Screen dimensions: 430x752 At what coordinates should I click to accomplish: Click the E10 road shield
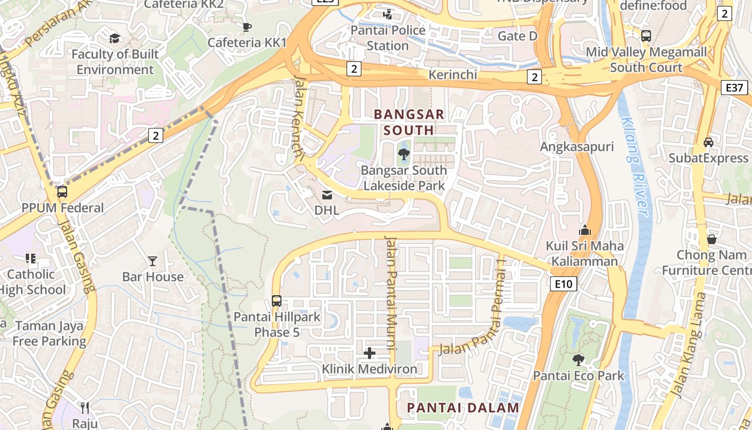point(563,284)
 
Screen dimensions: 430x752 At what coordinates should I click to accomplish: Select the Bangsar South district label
point(409,122)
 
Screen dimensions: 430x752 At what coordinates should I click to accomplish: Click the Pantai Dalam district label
point(463,407)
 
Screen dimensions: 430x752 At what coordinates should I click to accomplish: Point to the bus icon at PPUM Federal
point(62,191)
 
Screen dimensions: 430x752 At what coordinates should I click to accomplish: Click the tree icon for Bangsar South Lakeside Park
point(403,155)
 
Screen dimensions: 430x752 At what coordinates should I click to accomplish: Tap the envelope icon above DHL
point(327,195)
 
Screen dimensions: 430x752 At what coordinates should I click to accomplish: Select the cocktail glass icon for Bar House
point(153,261)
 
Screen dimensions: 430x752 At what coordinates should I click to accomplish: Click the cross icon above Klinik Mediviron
point(370,353)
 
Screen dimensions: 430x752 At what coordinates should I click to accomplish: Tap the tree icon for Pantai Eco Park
point(578,360)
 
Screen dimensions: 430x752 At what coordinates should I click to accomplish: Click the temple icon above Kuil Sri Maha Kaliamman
point(585,231)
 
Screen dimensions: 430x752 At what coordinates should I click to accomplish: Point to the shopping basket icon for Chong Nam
point(712,239)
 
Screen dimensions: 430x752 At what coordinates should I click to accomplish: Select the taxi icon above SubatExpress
point(708,142)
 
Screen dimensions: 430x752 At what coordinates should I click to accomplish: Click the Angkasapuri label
point(577,147)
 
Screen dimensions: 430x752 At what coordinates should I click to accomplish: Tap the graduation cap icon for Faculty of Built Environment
point(115,38)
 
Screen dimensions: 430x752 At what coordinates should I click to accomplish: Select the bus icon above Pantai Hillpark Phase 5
point(277,301)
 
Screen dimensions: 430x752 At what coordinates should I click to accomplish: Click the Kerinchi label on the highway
point(452,74)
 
